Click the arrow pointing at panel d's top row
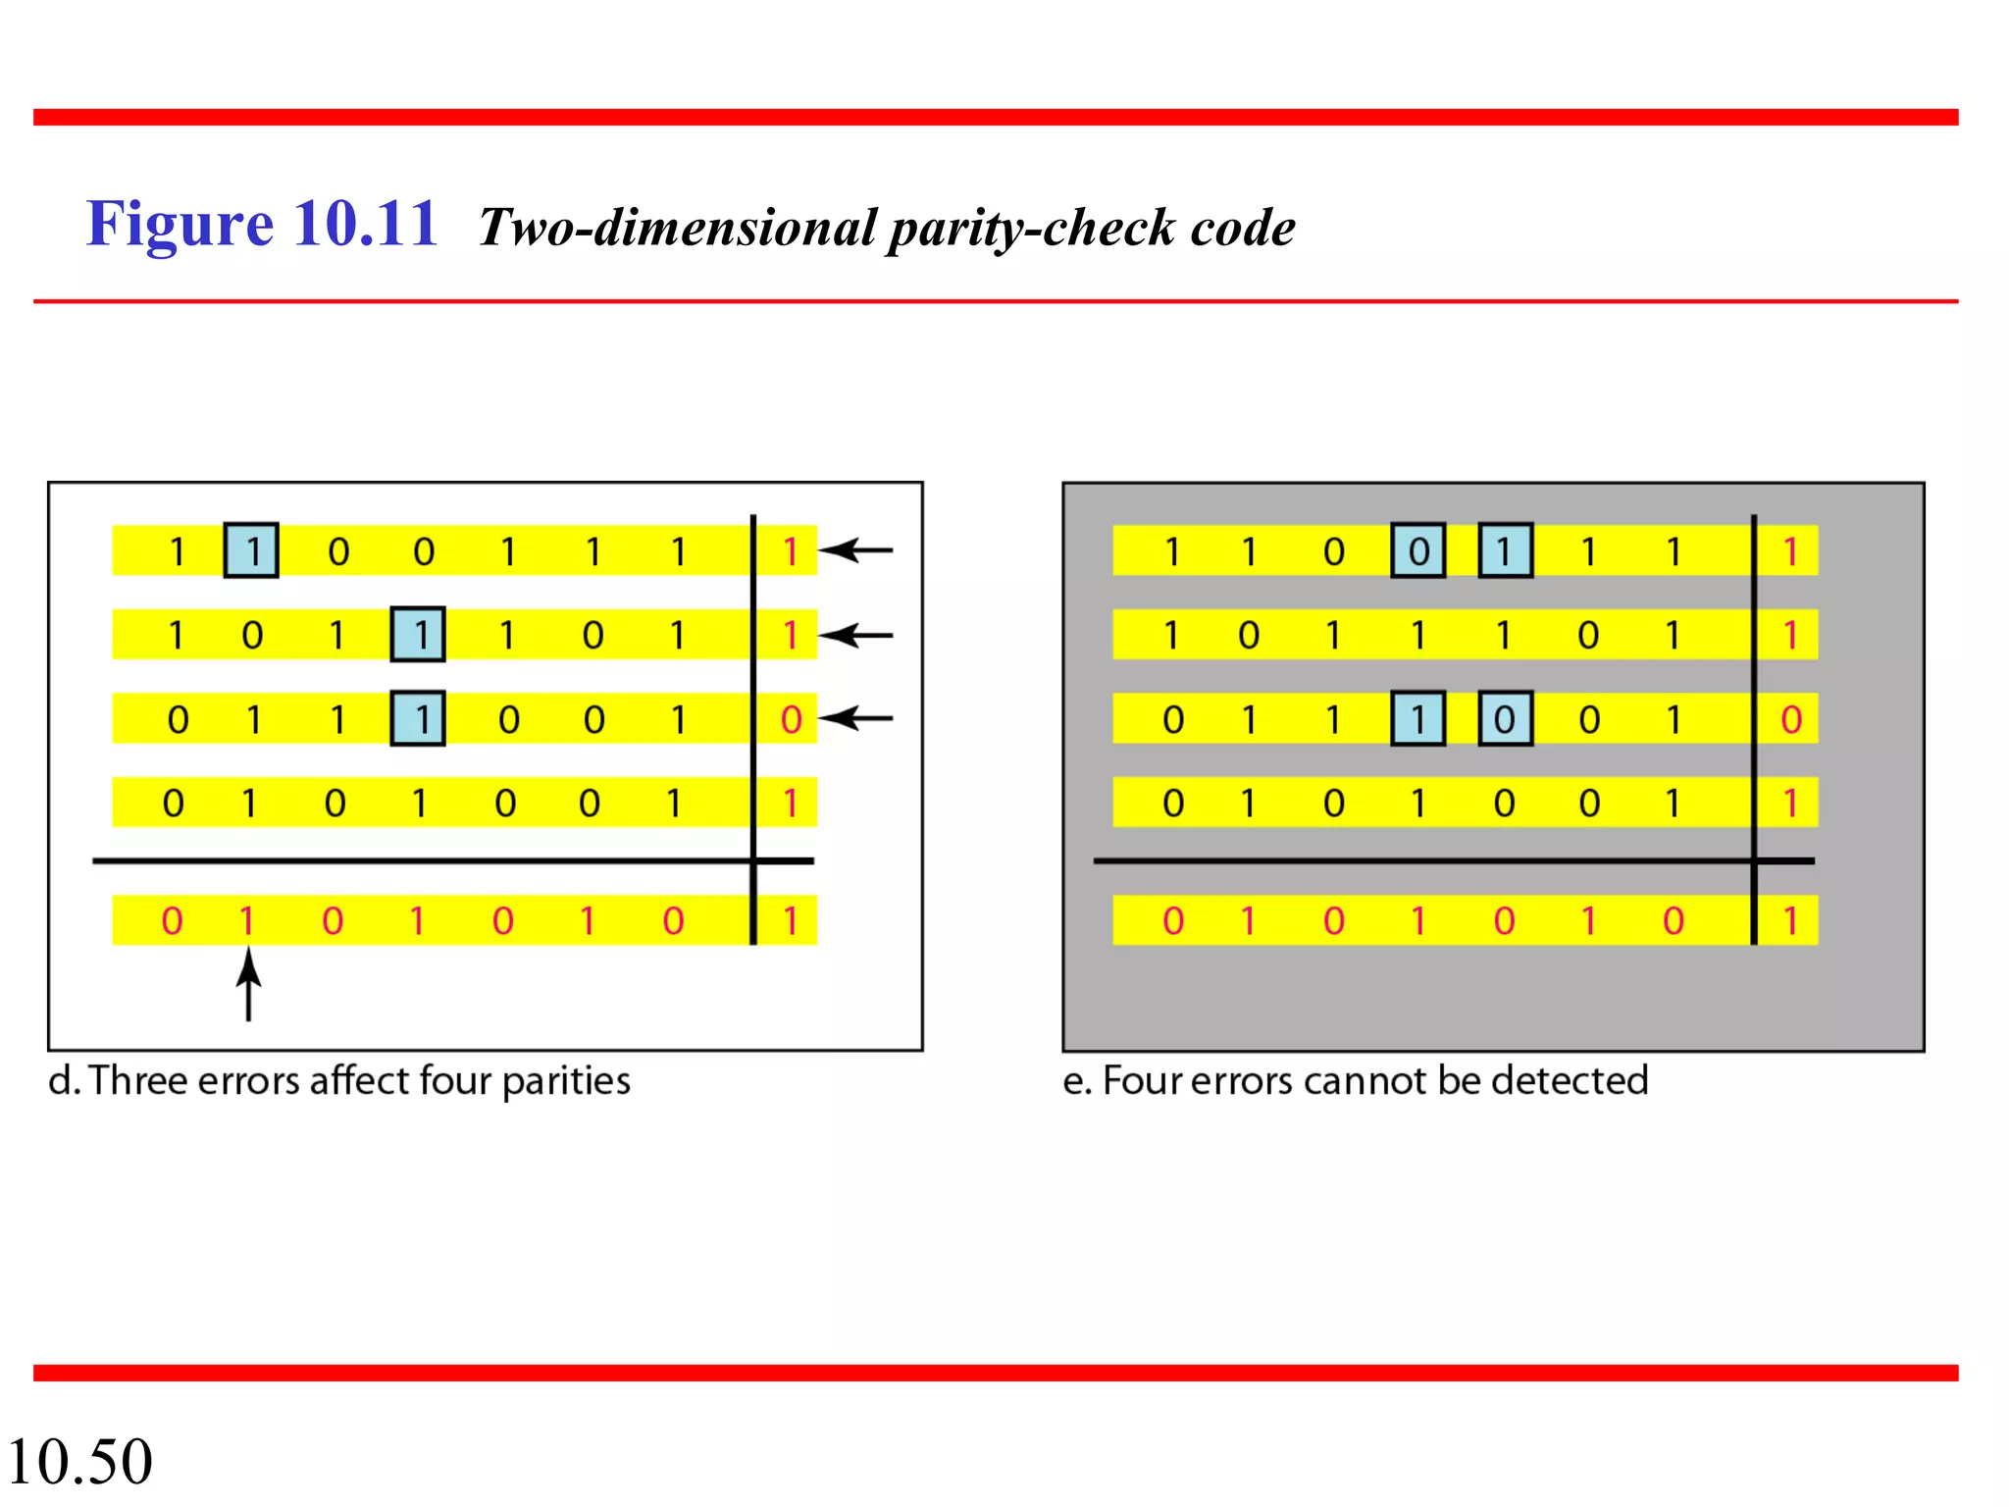point(856,550)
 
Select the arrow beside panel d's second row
point(856,636)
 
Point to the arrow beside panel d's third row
point(856,719)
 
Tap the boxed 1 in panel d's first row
point(251,550)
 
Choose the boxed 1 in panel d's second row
point(418,635)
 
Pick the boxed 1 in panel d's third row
point(418,719)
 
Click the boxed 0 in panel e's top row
point(1418,550)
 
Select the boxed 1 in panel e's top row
point(1505,550)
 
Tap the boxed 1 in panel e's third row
point(1418,719)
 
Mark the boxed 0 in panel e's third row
point(1505,719)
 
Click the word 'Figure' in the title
point(180,224)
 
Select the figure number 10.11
point(365,224)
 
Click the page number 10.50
point(80,1461)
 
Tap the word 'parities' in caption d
point(566,1081)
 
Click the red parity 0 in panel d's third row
point(791,719)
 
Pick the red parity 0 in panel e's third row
point(1791,719)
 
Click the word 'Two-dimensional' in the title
point(678,229)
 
